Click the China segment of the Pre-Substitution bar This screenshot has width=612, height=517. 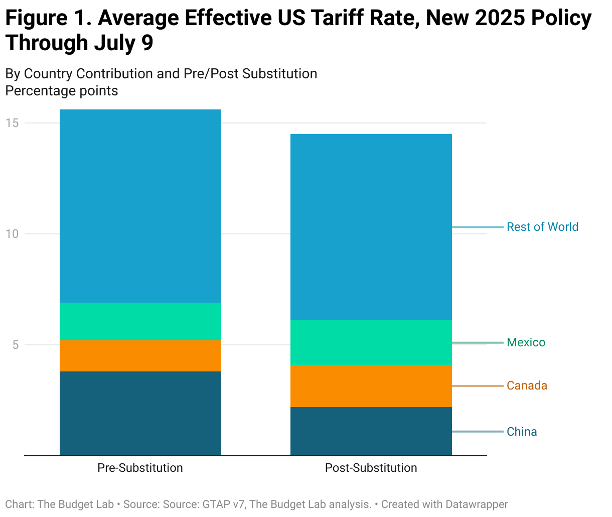(140, 413)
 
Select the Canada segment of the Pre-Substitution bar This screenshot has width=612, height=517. (140, 355)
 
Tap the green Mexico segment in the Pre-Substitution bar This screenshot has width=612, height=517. (140, 321)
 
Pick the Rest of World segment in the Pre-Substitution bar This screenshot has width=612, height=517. (140, 206)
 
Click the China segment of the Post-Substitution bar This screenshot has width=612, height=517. (371, 431)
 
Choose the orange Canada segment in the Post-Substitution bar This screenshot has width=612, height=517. (371, 385)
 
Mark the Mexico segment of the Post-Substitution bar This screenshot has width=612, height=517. (371, 342)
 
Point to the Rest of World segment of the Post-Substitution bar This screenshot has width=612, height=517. (371, 227)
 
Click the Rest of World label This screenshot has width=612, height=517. (542, 227)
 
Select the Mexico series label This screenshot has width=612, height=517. (526, 342)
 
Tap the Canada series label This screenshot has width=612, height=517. (527, 385)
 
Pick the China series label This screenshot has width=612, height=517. (522, 432)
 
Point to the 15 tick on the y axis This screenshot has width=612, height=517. (13, 123)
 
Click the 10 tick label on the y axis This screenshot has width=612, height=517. (13, 234)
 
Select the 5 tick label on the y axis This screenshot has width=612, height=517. (16, 345)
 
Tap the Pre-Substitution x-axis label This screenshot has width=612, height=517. (140, 468)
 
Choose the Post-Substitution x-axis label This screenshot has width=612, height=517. (371, 468)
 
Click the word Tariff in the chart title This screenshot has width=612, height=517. (340, 19)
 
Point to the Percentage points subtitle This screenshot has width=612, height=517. (62, 91)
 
